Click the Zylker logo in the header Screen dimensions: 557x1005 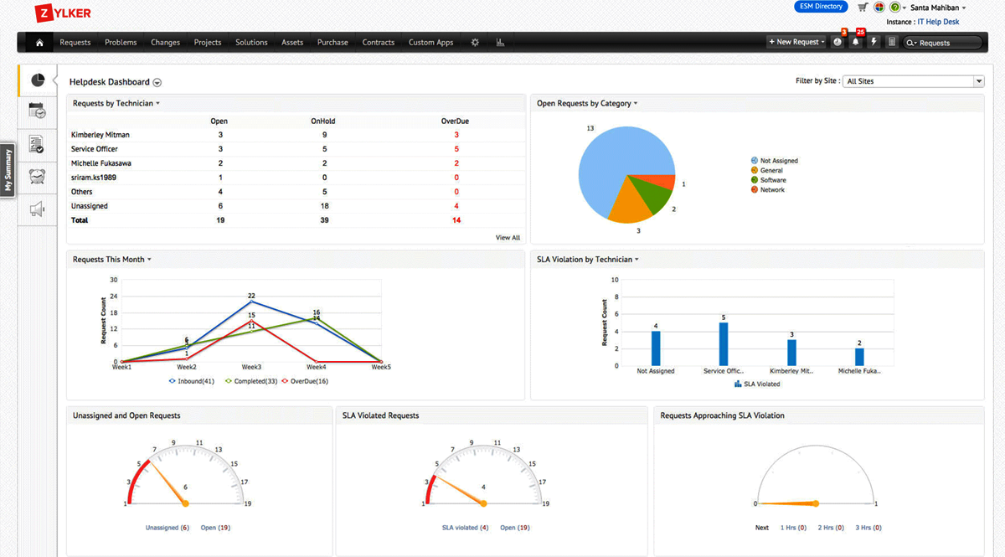[63, 13]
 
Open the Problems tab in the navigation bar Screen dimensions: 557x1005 [121, 43]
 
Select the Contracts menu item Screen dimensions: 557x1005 [378, 43]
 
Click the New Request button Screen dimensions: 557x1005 [796, 43]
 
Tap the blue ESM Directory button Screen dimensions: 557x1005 [821, 7]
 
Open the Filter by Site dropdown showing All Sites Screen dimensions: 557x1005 [913, 81]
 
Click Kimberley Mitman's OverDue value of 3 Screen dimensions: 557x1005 [456, 135]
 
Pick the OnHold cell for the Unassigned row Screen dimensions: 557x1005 [323, 206]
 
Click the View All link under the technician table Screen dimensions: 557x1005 [508, 238]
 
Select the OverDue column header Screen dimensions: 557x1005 [455, 121]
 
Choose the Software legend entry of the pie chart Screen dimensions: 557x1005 [772, 180]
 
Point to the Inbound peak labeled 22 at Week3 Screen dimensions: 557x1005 [251, 301]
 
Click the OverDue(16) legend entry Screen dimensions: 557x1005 [306, 381]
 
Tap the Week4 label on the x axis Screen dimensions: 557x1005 [316, 367]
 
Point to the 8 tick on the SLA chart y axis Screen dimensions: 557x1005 [616, 297]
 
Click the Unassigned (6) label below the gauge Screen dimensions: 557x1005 [167, 528]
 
